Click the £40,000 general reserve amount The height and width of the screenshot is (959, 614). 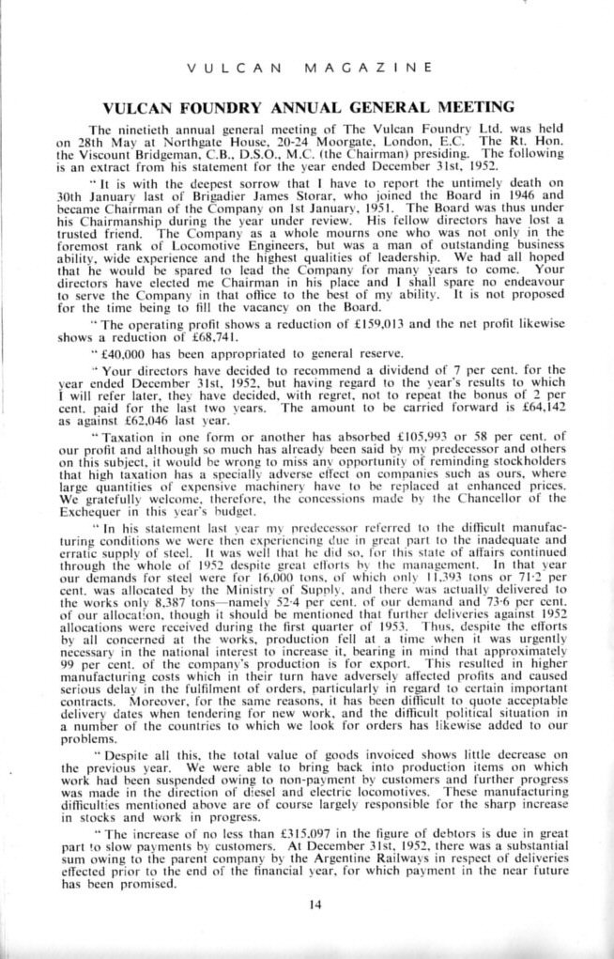point(130,380)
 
